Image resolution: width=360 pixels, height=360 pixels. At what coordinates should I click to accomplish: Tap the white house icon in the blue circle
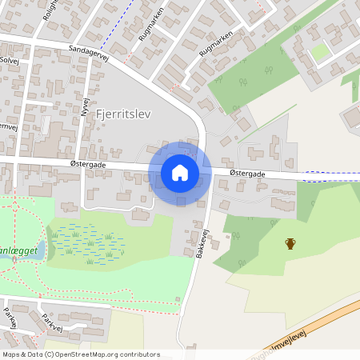(180, 173)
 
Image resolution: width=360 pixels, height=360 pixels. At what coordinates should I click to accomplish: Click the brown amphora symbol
(290, 243)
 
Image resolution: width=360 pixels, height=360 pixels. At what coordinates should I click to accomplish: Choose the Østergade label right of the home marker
(246, 173)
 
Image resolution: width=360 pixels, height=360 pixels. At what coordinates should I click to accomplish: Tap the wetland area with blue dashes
(88, 243)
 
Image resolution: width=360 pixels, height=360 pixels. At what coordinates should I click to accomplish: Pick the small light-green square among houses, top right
(320, 53)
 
